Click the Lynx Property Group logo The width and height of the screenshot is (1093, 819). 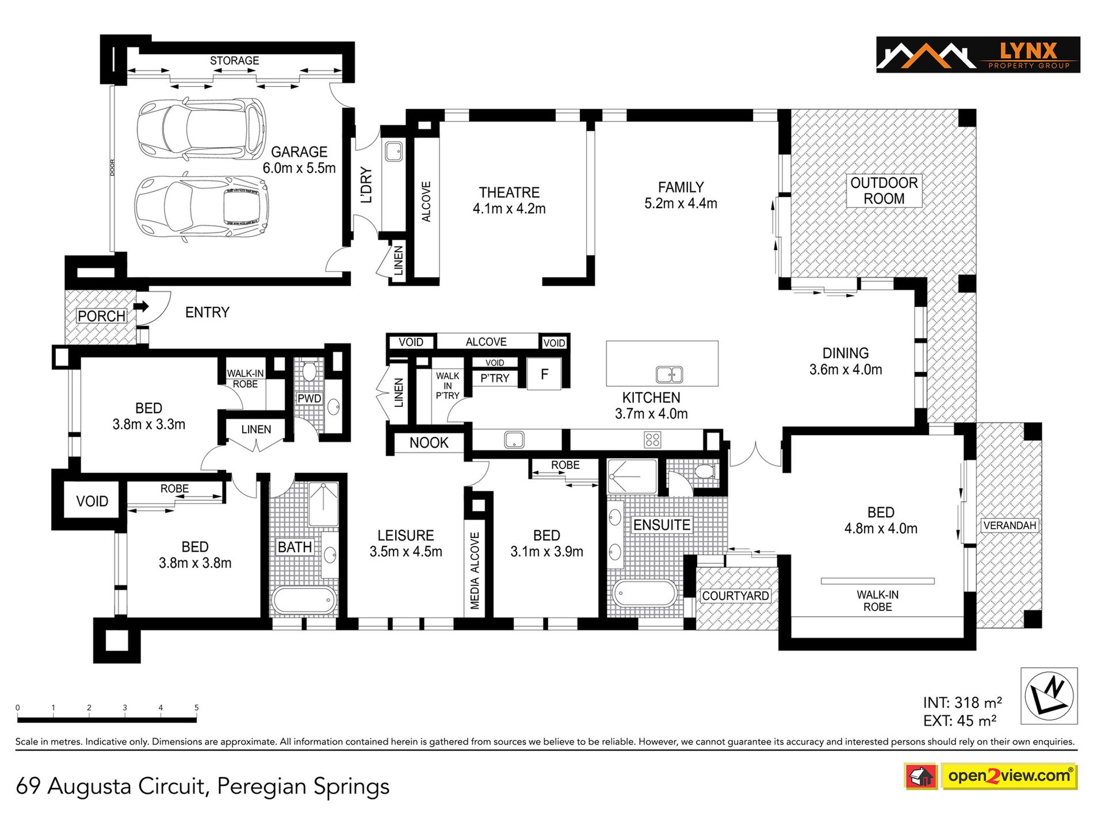[978, 55]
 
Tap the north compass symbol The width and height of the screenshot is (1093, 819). [1049, 695]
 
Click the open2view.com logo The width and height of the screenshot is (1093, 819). [991, 776]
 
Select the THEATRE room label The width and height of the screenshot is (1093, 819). [509, 193]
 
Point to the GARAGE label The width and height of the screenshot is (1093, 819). [299, 152]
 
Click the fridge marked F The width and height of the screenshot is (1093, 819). [544, 374]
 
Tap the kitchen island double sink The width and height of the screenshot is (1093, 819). [669, 375]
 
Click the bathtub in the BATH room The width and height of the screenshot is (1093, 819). [304, 600]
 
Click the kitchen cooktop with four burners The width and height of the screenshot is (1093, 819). [652, 440]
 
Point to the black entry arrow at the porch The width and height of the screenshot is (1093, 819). [141, 306]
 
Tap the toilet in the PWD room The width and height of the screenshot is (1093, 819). [309, 371]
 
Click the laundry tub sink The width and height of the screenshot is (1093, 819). [394, 152]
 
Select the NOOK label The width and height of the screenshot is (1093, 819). [429, 443]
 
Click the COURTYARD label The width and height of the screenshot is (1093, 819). [735, 595]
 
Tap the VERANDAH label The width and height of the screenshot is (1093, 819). [1010, 525]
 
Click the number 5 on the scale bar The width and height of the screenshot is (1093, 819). [196, 708]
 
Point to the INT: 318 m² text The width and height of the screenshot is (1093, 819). [962, 702]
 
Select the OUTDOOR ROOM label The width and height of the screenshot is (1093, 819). [884, 191]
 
